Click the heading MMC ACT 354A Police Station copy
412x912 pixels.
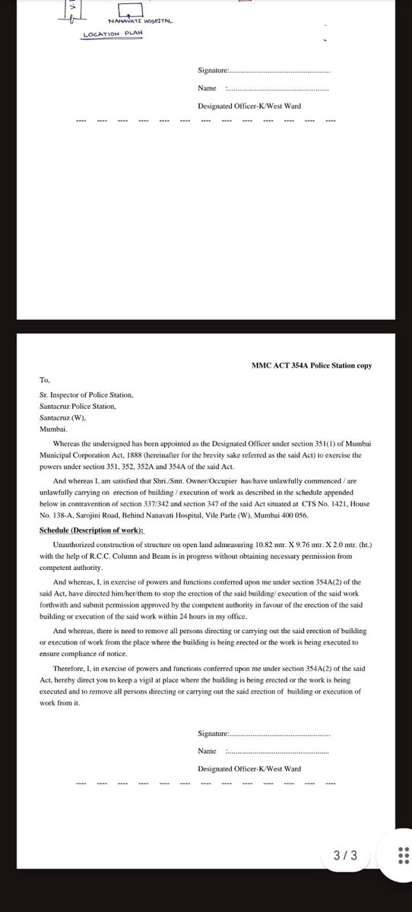(312, 366)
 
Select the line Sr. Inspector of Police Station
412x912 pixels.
(86, 395)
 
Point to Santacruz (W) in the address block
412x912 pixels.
(63, 417)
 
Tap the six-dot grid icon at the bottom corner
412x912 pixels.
(404, 856)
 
